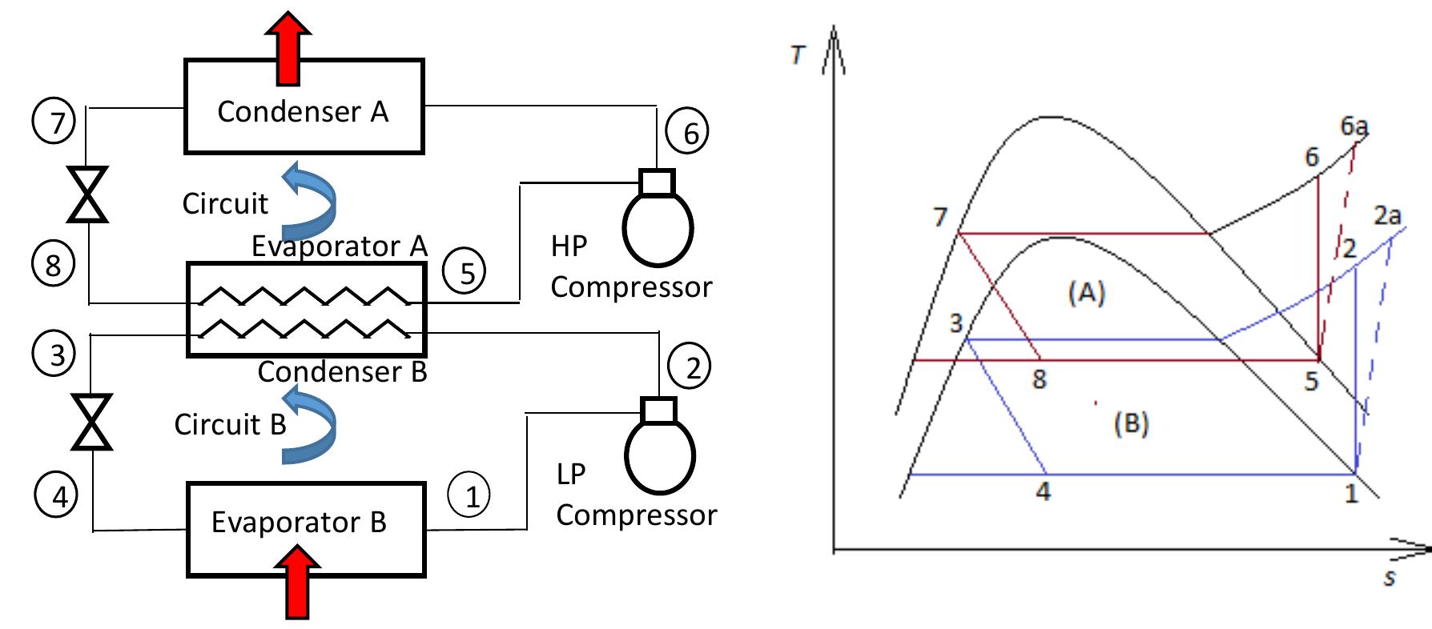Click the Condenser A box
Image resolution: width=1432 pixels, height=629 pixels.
(304, 106)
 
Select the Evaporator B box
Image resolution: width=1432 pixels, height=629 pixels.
(305, 528)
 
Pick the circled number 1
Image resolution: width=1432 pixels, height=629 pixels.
(469, 496)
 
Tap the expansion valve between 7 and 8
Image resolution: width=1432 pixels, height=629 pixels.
(87, 194)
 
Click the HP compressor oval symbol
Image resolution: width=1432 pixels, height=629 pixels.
(658, 227)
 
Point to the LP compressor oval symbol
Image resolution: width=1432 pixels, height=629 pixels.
(659, 456)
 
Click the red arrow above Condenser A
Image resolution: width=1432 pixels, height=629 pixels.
(288, 48)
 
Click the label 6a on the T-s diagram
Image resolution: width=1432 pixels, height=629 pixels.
(1354, 126)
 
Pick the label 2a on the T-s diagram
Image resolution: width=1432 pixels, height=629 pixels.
(1387, 214)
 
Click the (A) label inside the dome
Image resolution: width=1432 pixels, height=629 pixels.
(1086, 294)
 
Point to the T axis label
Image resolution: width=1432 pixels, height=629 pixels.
(798, 54)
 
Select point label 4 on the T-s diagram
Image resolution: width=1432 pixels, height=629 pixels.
(1042, 491)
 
